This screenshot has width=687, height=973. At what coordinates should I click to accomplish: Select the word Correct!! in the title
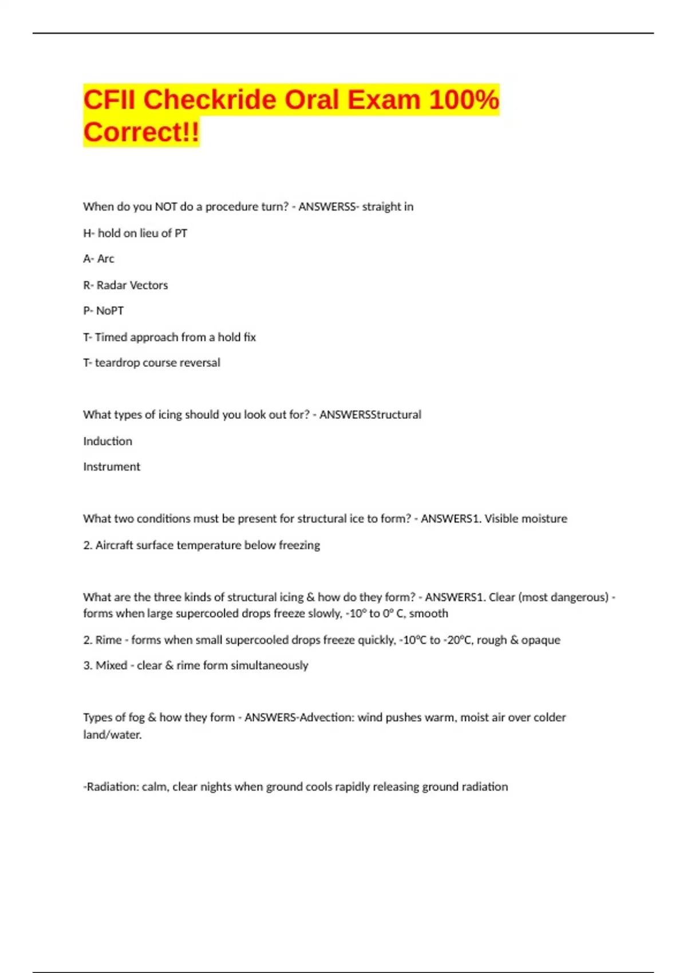[x=141, y=132]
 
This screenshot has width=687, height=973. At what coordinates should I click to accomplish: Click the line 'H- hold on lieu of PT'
[x=135, y=233]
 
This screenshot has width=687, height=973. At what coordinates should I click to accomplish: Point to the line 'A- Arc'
[x=98, y=259]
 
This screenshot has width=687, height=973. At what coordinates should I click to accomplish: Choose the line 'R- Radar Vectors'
[x=125, y=285]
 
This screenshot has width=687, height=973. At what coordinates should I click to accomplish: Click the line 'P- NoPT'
[x=103, y=311]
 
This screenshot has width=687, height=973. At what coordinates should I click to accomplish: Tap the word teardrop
[x=117, y=363]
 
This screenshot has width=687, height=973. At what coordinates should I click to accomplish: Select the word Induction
[x=108, y=441]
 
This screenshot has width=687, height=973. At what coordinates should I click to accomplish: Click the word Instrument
[x=112, y=467]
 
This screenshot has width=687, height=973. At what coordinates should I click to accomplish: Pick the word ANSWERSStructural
[x=370, y=415]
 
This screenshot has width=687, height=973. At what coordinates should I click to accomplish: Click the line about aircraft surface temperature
[x=202, y=545]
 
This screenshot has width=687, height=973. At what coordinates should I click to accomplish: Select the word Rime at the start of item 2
[x=108, y=640]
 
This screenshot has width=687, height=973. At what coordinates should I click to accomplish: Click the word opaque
[x=540, y=640]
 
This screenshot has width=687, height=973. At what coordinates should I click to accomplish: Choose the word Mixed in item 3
[x=111, y=666]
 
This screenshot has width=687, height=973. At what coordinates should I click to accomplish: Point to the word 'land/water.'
[x=112, y=735]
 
